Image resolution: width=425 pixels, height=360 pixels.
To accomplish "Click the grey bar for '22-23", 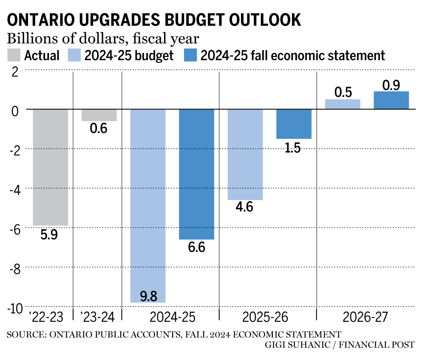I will (50, 167).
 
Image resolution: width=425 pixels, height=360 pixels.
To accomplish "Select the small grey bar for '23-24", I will (99, 115).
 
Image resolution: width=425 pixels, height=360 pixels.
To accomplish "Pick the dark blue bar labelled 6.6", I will (196, 174).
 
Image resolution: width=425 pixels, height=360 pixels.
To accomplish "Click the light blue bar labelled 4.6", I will (245, 155).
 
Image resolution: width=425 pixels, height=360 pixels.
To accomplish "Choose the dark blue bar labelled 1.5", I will (294, 124).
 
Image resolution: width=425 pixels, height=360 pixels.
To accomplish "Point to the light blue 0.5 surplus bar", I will (343, 104).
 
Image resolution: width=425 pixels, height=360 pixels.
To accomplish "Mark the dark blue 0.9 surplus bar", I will (391, 100).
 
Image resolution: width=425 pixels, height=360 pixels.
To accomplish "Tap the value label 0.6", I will (99, 128).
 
